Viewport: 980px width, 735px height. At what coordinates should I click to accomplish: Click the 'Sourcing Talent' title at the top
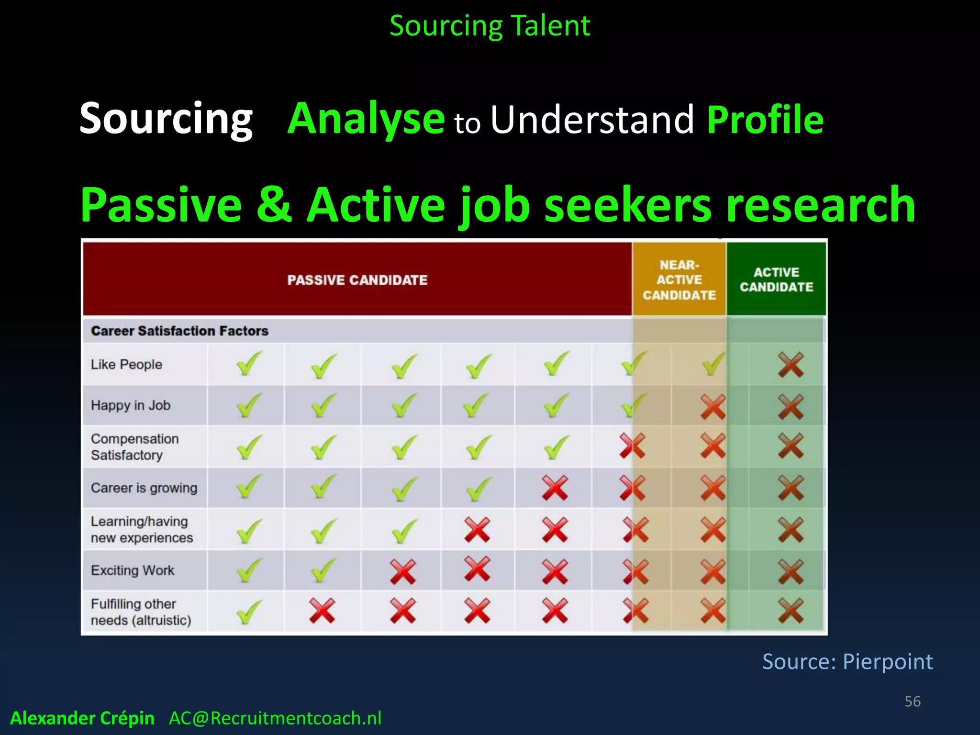[490, 26]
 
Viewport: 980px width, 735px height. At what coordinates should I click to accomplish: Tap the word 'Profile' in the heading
[765, 120]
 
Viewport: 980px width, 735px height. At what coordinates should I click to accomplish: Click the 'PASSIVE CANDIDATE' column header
[357, 280]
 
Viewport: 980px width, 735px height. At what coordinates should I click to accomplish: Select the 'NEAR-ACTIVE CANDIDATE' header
[679, 280]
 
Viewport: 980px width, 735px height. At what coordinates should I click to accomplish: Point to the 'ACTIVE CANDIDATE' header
[776, 279]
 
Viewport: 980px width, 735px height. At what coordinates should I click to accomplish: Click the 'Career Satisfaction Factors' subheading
[179, 331]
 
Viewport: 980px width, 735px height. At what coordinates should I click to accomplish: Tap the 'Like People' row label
[126, 365]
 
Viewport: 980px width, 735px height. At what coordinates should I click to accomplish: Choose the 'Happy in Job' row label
[130, 405]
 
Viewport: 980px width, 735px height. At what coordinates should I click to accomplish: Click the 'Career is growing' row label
[144, 488]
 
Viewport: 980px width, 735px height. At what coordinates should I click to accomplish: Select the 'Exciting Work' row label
[133, 570]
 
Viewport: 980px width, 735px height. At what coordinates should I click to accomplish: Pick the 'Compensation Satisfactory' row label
[134, 447]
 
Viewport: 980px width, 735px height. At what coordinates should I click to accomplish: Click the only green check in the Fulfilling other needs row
[248, 612]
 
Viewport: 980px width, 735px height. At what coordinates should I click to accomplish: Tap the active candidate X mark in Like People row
[791, 365]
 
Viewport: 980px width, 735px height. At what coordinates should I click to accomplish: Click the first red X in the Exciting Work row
[402, 571]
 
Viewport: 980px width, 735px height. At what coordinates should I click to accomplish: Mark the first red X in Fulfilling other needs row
[322, 611]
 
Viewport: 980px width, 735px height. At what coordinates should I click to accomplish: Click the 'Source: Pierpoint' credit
[847, 662]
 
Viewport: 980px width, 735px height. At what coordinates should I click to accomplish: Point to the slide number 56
[912, 702]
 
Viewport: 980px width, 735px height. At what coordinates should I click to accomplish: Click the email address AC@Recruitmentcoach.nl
[275, 718]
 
